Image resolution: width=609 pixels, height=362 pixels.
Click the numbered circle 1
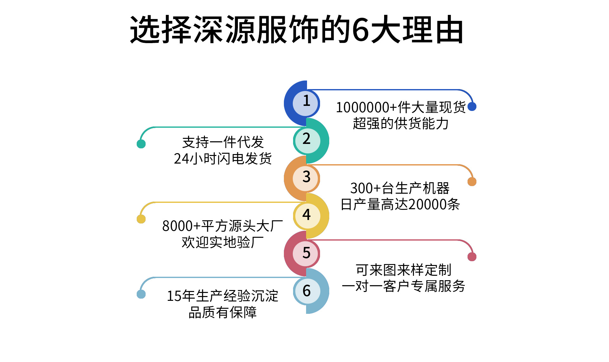[x=306, y=103]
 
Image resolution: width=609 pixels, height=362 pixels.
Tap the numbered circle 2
[x=307, y=140]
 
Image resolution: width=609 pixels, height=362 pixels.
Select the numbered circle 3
[x=306, y=178]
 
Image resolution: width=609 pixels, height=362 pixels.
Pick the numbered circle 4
[x=307, y=216]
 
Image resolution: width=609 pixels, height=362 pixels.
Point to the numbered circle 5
[x=306, y=254]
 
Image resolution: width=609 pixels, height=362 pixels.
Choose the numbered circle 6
[x=307, y=291]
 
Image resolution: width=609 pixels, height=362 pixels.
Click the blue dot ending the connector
[x=472, y=107]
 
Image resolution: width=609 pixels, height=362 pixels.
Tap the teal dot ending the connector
[x=141, y=144]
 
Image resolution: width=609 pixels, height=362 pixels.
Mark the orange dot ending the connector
[x=472, y=182]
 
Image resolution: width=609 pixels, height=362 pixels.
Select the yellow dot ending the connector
[x=141, y=219]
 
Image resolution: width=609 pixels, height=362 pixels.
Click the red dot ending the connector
[x=472, y=257]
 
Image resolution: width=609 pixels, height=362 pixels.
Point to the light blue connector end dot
[x=141, y=294]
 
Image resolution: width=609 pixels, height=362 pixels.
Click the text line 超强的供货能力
[x=401, y=124]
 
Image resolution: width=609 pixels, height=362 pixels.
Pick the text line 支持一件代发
[x=223, y=142]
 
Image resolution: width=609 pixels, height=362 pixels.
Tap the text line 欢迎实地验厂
[x=223, y=242]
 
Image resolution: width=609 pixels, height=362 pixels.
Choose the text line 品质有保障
[x=223, y=313]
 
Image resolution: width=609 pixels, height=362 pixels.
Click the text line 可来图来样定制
[x=403, y=270]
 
